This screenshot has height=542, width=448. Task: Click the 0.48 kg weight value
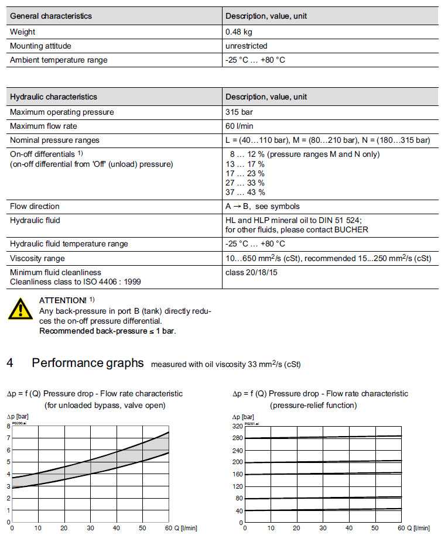[239, 32]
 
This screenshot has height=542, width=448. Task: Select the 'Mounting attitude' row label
[41, 46]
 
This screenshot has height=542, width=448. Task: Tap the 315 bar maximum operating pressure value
[239, 112]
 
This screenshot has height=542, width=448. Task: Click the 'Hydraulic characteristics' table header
[54, 97]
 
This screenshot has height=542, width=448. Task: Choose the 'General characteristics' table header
[51, 16]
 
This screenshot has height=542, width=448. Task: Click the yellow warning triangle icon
[20, 308]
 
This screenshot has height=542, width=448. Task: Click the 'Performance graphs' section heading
[88, 363]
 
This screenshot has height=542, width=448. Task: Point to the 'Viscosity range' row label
[37, 258]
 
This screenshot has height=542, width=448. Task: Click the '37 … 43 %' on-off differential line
[245, 192]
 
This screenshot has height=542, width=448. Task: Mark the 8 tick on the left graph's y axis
[8, 426]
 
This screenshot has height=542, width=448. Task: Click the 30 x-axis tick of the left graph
[90, 529]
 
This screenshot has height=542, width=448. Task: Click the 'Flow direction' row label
[35, 206]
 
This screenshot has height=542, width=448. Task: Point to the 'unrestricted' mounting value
[246, 46]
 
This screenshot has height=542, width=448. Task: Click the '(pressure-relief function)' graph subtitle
[313, 405]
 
